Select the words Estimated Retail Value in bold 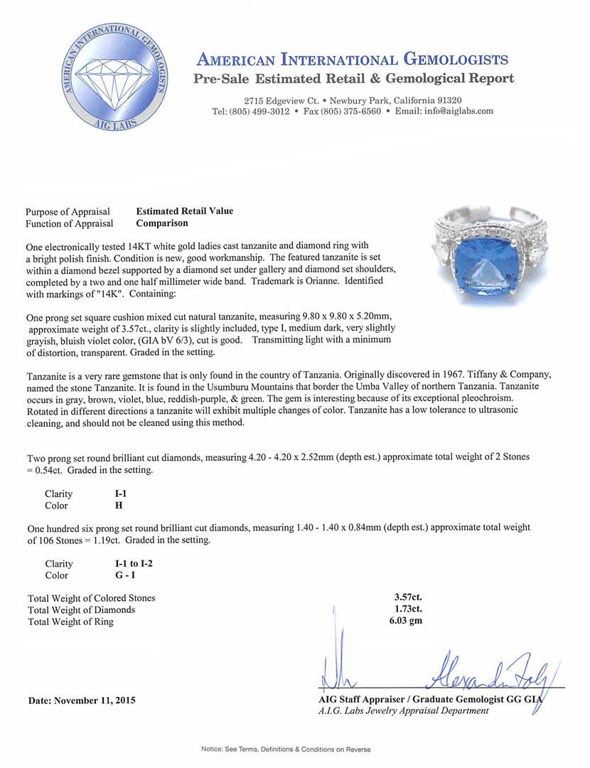(x=185, y=211)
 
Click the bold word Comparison (x=163, y=223)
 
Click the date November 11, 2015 (x=82, y=700)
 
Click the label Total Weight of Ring (x=70, y=622)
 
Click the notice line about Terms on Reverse (x=286, y=750)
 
